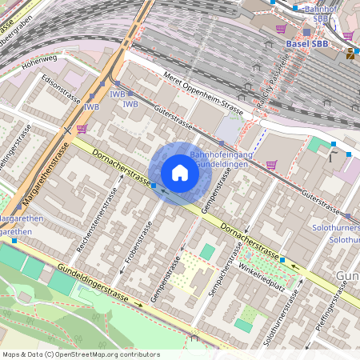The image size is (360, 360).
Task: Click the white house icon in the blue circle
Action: point(180,173)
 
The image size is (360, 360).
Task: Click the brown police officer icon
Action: point(351,54)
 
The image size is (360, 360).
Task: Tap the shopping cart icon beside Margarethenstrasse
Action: point(82,128)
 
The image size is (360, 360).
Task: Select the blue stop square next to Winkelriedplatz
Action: point(282,259)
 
